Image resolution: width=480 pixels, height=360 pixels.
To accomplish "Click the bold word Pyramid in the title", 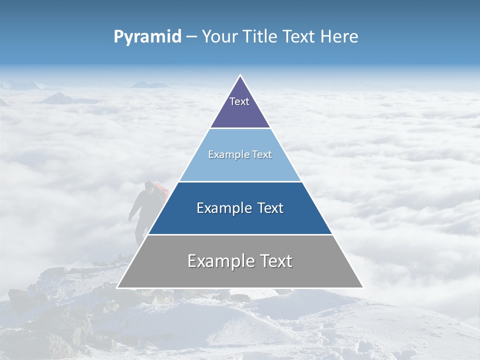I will tap(147, 37).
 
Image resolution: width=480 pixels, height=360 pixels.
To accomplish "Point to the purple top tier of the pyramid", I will tap(240, 112).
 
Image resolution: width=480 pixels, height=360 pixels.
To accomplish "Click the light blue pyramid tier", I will tap(240, 167).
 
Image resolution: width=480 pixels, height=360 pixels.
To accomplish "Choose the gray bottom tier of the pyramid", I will tap(240, 275).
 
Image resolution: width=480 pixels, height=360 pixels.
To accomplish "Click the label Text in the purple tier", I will tap(239, 101).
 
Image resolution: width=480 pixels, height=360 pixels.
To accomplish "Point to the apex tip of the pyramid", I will tap(240, 76).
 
